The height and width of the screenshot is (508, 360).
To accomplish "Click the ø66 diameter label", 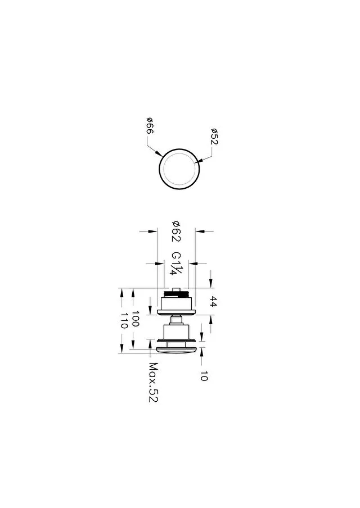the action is [150, 126].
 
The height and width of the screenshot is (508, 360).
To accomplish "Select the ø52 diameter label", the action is [214, 136].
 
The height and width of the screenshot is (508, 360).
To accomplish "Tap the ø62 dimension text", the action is [176, 232].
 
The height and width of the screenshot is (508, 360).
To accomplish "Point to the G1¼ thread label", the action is [177, 264].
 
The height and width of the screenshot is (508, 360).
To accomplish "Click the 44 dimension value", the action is [213, 301].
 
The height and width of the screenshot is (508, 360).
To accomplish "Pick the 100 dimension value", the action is [135, 319].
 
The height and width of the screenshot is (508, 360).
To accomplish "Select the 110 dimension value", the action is [124, 320].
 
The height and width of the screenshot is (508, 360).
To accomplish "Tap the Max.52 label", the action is [153, 382].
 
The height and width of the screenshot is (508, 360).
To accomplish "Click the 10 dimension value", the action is [204, 376].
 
